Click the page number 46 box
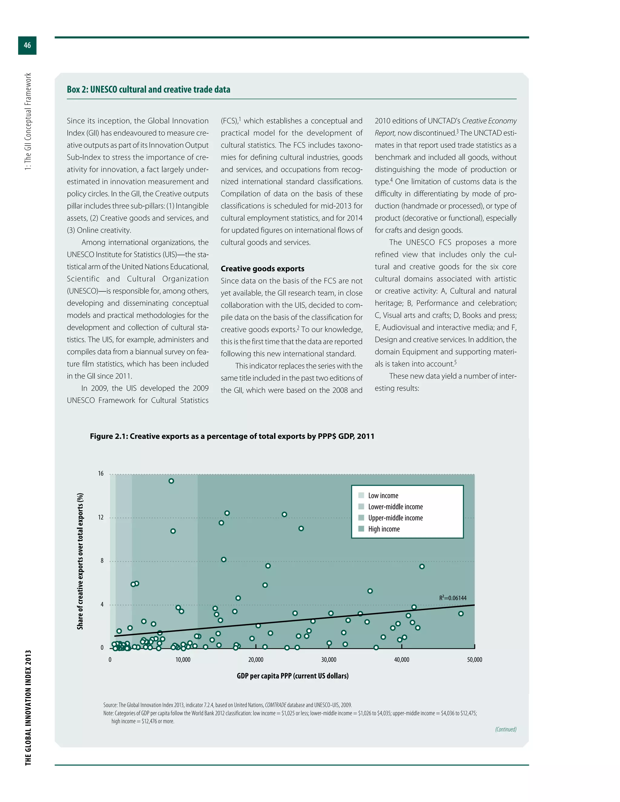tap(27, 45)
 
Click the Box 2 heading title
tap(148, 90)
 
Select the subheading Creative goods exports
tap(262, 269)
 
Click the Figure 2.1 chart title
tap(232, 436)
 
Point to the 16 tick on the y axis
tap(101, 474)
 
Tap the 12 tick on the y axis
tap(101, 518)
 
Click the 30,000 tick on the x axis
tap(328, 660)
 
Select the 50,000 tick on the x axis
tap(474, 660)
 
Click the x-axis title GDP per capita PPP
tap(292, 676)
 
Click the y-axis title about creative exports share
tap(80, 561)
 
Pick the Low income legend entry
tap(383, 496)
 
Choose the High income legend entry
tap(384, 529)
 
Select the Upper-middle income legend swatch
tap(361, 518)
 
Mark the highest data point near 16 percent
tap(171, 481)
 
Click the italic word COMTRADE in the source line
tap(275, 705)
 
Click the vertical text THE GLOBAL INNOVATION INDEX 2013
tap(28, 708)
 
